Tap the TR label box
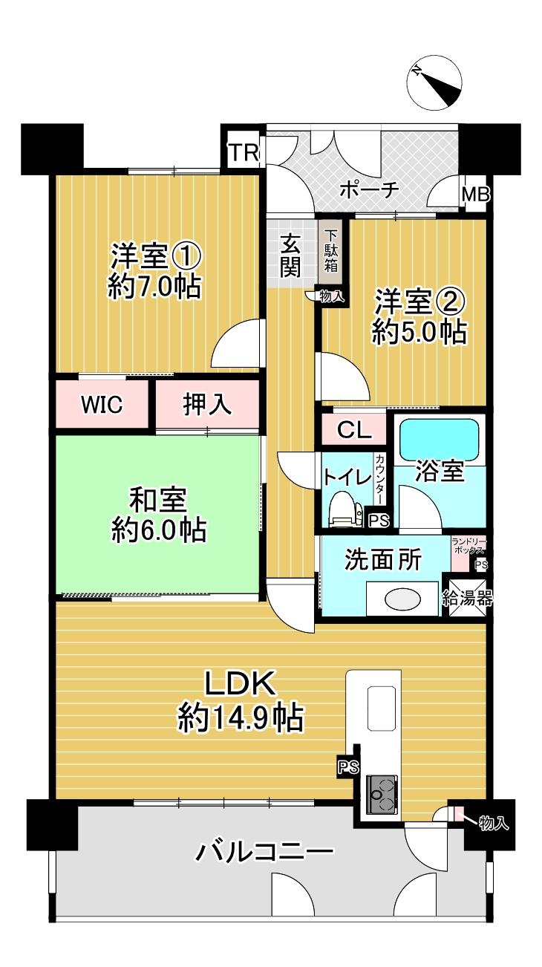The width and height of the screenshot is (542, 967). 244,153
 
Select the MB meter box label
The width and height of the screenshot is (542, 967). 475,195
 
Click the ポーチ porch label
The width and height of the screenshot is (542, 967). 370,190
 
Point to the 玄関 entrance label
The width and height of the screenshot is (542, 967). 290,255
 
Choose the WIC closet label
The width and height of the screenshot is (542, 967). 102,406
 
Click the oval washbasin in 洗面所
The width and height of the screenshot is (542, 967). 403,599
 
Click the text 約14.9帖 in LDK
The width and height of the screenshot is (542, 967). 240,718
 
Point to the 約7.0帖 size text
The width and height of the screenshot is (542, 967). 155,286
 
